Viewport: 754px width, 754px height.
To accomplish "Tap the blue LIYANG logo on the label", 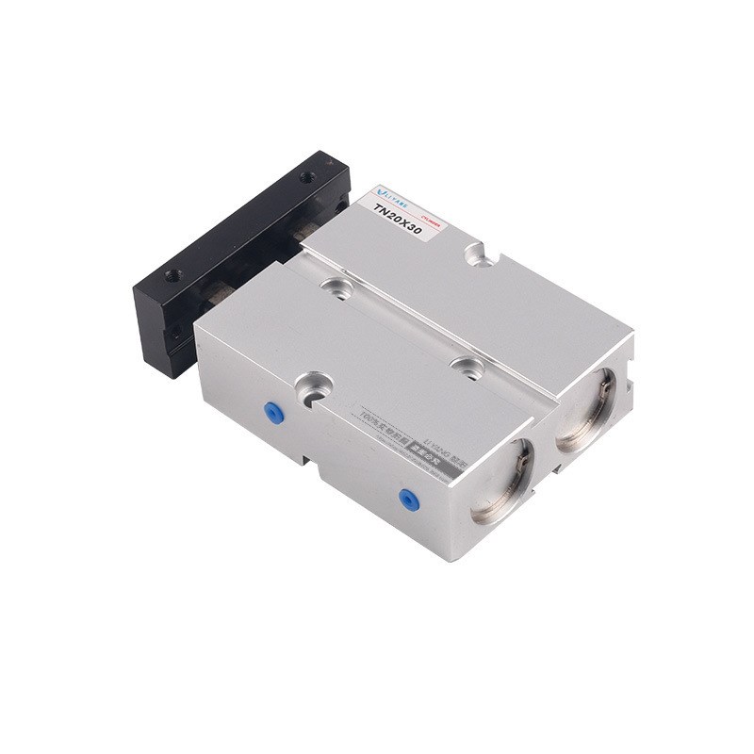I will [389, 189].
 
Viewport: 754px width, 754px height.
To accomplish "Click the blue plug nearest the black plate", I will [272, 410].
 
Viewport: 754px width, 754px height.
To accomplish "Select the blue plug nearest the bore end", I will [408, 499].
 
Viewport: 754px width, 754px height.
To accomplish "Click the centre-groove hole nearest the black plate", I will [335, 287].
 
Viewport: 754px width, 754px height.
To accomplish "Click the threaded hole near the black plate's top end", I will [307, 177].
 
